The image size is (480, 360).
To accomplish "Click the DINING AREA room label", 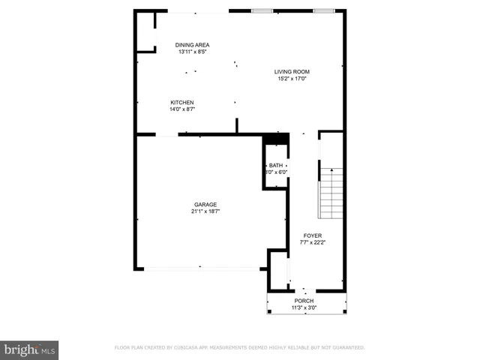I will pos(193,45).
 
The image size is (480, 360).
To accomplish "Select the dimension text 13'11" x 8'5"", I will pos(193,52).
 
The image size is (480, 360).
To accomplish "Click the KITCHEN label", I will pos(182,102).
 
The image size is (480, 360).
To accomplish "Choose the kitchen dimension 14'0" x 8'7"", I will pos(182,109).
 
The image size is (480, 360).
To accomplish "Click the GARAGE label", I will pos(205,204).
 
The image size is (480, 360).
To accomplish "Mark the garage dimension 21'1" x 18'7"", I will pos(205,211).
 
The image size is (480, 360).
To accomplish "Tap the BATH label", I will pos(276,165).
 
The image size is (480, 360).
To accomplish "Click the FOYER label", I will pos(313,235).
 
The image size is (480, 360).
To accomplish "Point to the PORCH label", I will pos(304,300).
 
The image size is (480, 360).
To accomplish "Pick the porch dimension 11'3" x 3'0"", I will pos(304,307).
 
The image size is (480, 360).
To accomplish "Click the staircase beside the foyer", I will pos(331,193).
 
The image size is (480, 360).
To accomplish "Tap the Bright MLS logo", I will pos(29,350).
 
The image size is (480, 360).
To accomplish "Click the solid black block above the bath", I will pos(276,139).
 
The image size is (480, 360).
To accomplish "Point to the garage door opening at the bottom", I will pos(201,268).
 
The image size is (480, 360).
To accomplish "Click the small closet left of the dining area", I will pos(145,31).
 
